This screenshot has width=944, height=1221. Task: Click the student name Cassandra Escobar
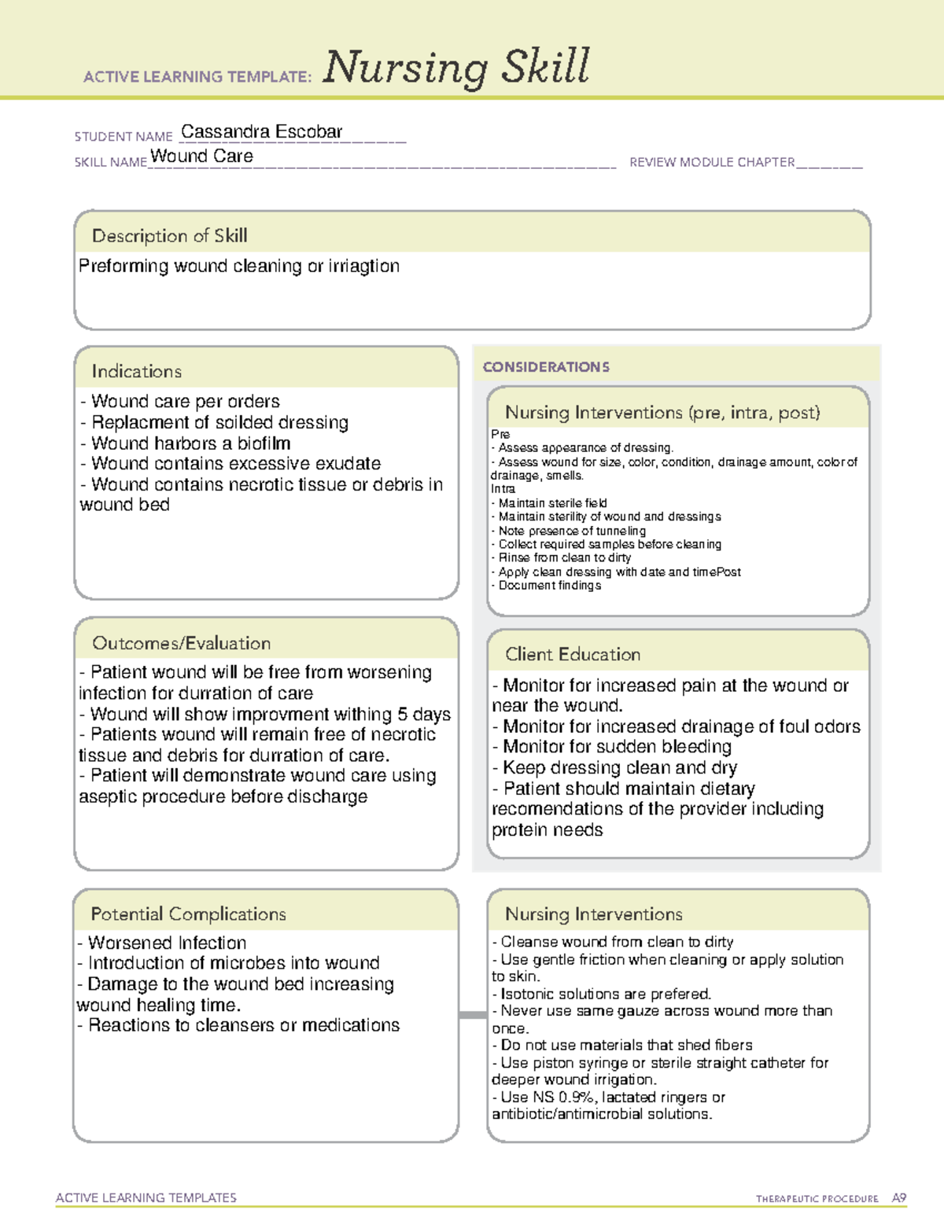261,132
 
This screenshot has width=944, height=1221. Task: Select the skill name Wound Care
201,156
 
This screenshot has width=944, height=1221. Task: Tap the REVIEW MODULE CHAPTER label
712,162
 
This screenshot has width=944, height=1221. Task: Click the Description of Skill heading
169,236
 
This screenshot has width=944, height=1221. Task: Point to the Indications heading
136,371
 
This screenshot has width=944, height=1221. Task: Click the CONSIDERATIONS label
546,367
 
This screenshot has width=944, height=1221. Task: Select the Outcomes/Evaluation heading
181,643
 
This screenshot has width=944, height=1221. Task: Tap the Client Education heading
572,654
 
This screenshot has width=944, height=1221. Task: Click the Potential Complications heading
188,914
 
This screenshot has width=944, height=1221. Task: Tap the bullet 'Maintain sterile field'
551,503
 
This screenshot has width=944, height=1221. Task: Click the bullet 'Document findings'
549,585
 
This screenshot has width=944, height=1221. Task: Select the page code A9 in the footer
898,1198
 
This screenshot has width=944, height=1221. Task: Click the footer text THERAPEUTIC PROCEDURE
817,1199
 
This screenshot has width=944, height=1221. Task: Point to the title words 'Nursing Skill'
455,67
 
